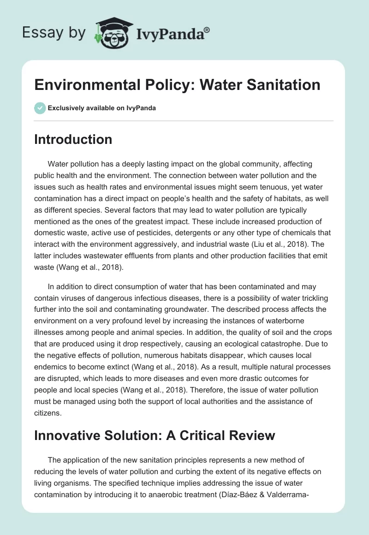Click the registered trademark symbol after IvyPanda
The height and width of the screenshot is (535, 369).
click(207, 30)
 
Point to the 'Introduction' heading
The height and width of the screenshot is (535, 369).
click(73, 139)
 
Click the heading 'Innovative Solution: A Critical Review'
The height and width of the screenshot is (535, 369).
click(155, 436)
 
